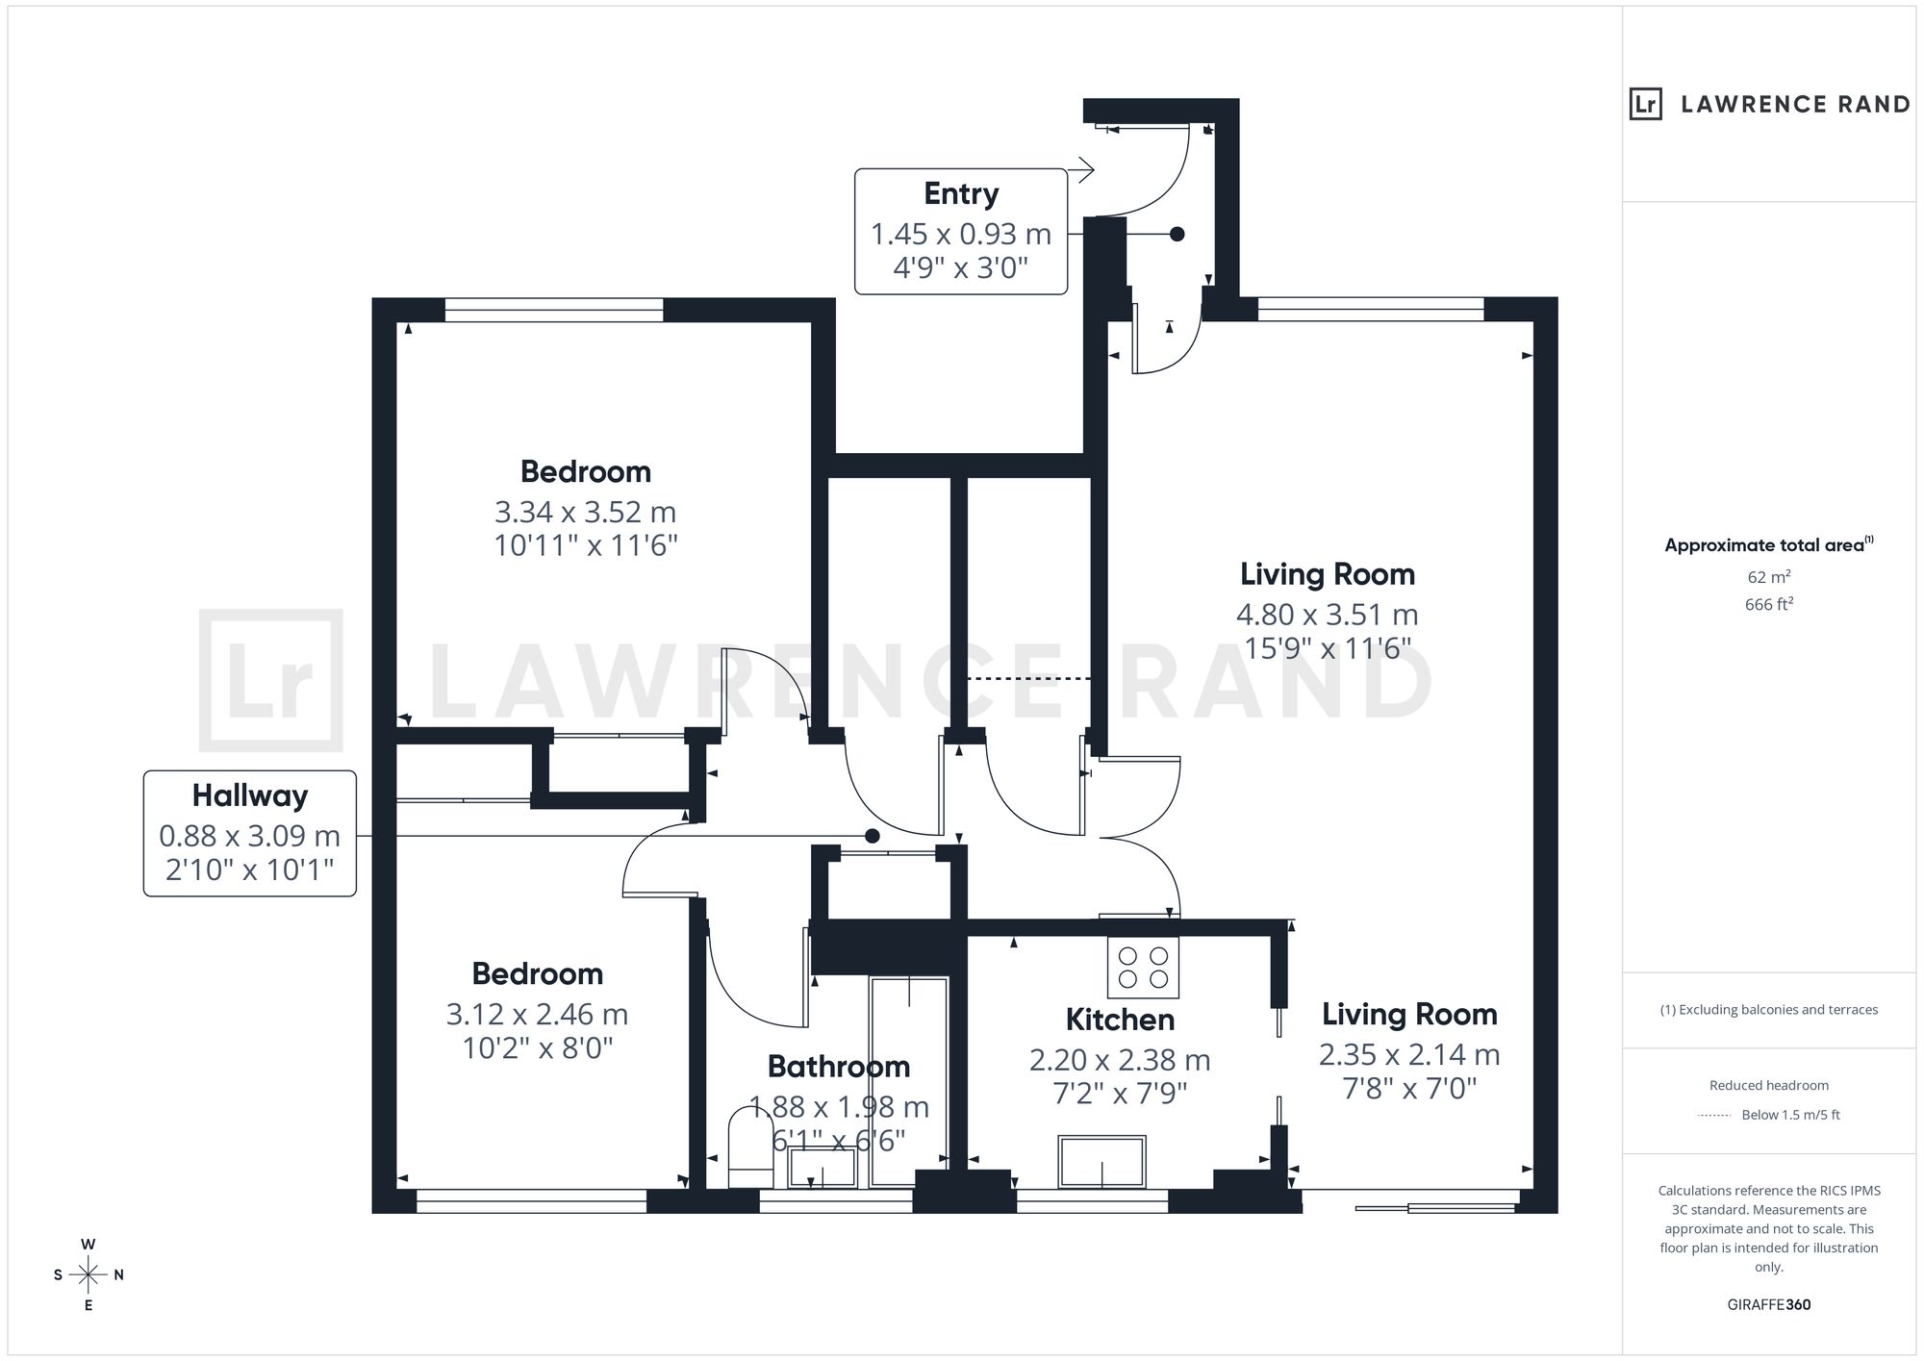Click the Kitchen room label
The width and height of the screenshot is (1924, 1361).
pos(1120,1020)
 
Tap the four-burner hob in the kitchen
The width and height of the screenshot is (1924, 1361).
pos(1144,968)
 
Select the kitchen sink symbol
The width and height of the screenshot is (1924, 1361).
pos(1101,1162)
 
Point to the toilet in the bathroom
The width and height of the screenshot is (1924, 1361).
pos(751,1148)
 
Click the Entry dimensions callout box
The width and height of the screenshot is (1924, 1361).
pos(961,232)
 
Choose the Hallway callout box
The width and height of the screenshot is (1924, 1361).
pos(250,834)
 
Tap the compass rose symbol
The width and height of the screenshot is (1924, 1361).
pos(89,1275)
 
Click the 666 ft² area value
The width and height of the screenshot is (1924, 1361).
pos(1769,605)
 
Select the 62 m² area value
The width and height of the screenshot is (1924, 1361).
pos(1769,577)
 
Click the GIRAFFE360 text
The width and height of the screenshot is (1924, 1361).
pos(1769,1305)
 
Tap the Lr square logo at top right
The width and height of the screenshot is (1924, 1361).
pos(1646,104)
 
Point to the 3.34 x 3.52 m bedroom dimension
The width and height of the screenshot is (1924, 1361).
pos(585,512)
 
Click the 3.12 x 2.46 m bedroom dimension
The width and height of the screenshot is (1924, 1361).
pos(537,1014)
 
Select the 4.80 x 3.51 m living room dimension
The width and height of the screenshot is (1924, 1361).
pos(1328,614)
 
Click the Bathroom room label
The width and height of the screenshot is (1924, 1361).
pos(839,1066)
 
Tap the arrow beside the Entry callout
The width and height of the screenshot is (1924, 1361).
pos(1081,170)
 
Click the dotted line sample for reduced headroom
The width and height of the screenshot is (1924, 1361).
pos(1714,1116)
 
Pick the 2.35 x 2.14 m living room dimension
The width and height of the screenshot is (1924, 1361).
pos(1409,1055)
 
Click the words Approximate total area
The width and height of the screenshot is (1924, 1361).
pos(1764,545)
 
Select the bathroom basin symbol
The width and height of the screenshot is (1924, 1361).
pos(822,1168)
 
